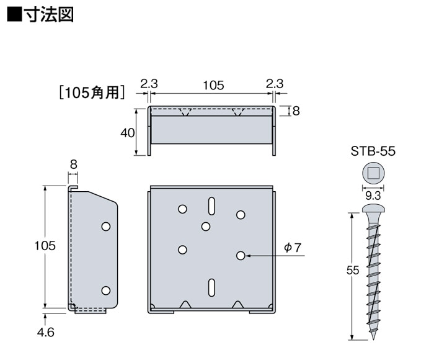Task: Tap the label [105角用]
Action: (92, 92)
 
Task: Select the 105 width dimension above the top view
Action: (213, 85)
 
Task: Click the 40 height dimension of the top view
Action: (127, 133)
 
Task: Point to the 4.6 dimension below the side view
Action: (46, 332)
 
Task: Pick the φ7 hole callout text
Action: (292, 248)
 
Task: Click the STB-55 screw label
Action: (373, 151)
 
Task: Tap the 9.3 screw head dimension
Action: (373, 196)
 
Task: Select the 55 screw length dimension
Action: (353, 270)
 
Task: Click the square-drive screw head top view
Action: (373, 174)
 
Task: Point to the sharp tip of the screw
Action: (373, 340)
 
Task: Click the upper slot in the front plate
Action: (211, 206)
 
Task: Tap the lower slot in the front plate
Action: (211, 287)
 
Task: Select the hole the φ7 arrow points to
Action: (241, 256)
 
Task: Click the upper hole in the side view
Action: (106, 227)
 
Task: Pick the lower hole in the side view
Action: (106, 290)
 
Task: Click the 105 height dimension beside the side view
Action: (45, 246)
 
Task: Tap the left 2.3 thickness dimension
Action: (149, 84)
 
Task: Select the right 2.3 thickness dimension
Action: (275, 84)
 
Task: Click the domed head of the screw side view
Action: (373, 209)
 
